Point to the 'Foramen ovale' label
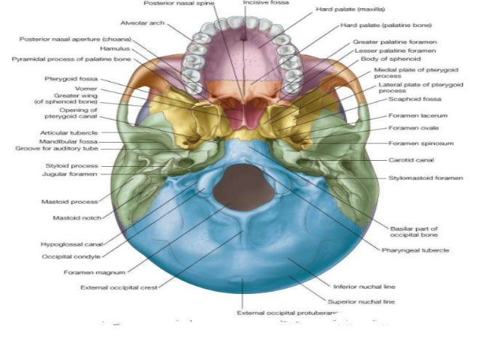coord(410,128)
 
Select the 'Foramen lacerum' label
coord(413,116)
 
